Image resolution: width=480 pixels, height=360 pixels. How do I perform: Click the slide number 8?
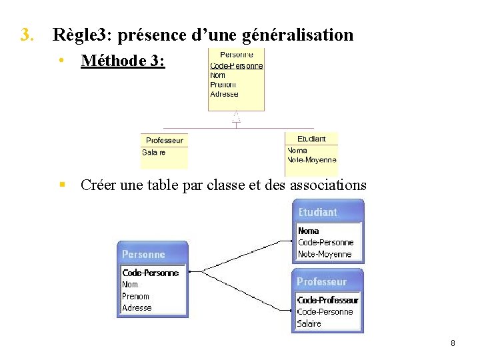tap(453, 343)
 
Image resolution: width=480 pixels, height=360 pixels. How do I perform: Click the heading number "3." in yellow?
tap(27, 35)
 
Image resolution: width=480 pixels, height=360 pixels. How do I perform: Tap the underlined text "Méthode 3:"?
tap(123, 61)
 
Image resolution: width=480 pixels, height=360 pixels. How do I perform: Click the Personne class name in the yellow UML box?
tap(236, 55)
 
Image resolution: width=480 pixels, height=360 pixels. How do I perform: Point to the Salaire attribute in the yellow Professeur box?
tap(154, 153)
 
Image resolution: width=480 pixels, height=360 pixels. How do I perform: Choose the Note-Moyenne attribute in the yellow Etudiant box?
tap(312, 160)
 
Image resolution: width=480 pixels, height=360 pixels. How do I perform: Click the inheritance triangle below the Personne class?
tap(236, 117)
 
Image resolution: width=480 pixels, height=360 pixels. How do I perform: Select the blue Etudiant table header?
tap(318, 213)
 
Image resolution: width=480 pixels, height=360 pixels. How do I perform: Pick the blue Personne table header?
tap(143, 255)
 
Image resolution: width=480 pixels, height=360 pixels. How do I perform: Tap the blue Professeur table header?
tap(322, 282)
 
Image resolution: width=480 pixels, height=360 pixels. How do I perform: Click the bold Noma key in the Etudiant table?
tap(309, 231)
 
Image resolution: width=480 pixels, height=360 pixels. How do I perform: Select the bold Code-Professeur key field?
tap(327, 300)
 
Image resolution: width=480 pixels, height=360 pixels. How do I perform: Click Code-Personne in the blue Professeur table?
tap(325, 311)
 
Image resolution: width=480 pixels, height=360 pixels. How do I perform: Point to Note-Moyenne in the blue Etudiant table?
tap(325, 254)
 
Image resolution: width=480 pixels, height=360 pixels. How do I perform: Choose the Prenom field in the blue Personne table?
tap(135, 296)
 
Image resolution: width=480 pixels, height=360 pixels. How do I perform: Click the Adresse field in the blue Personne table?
tap(137, 308)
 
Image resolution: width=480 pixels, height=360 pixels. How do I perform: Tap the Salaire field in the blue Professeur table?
tap(309, 323)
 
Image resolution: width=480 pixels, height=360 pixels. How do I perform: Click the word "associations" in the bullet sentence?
tap(328, 185)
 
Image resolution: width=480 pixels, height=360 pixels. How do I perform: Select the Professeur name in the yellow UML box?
tap(165, 141)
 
